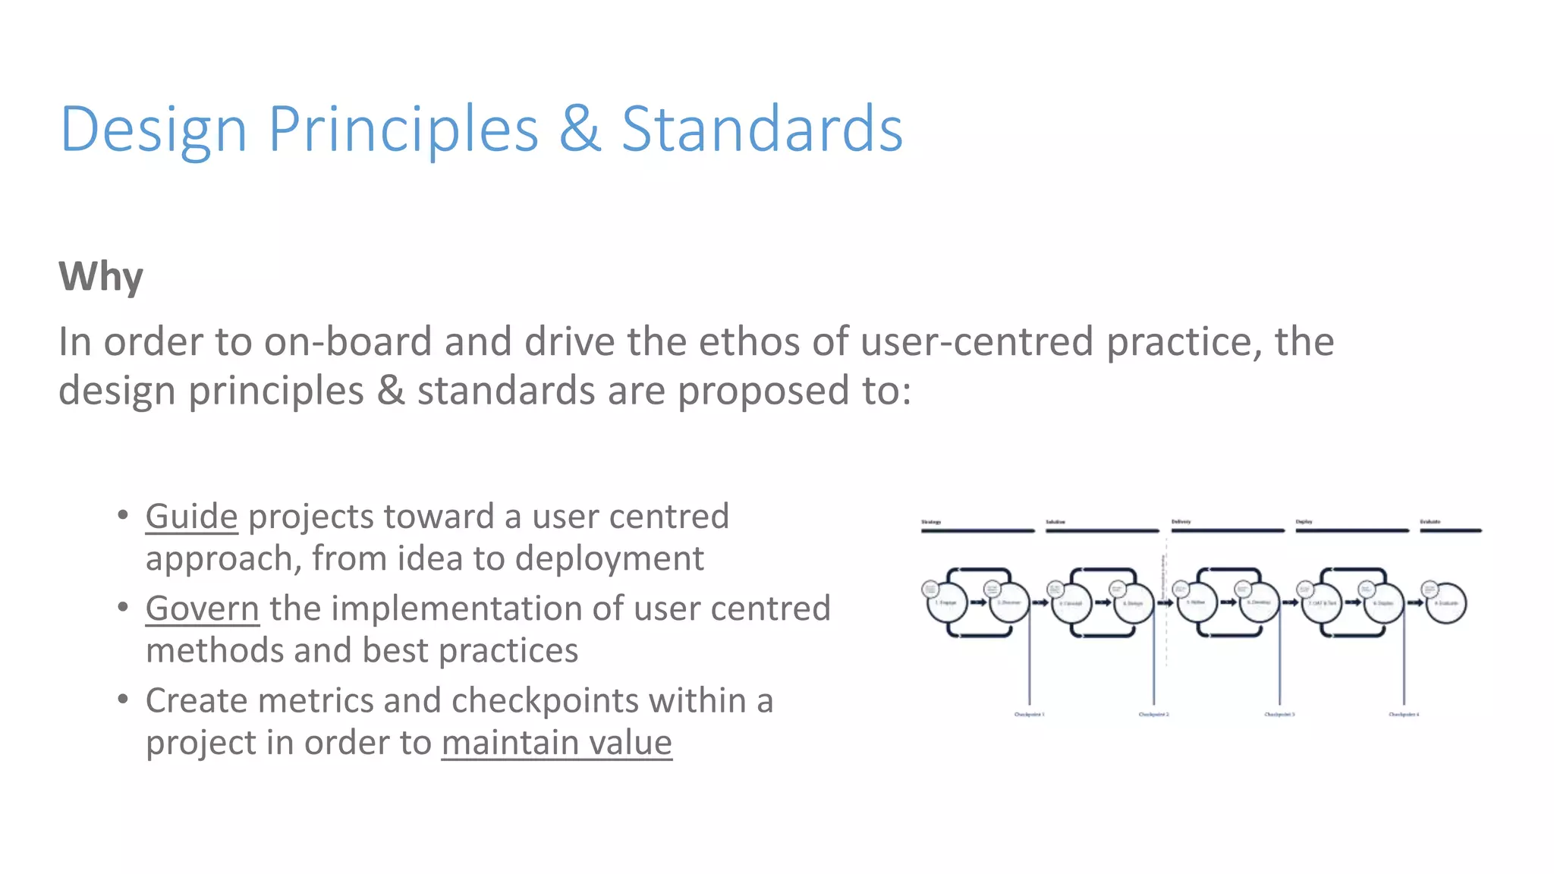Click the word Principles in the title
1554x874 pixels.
(403, 129)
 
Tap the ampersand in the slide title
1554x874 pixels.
(580, 129)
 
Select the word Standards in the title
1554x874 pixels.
(762, 129)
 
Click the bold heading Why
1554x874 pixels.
(101, 276)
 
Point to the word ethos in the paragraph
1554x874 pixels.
(748, 341)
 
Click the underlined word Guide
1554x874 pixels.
(192, 517)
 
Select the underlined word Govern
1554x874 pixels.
(203, 608)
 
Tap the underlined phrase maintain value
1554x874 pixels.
(557, 742)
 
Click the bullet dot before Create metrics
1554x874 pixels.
(123, 699)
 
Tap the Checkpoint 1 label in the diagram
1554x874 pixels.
(1029, 715)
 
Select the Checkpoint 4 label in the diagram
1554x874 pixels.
(1404, 715)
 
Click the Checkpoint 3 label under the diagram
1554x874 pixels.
(1279, 715)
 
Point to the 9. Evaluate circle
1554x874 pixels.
(1446, 603)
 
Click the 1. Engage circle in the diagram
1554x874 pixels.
(946, 603)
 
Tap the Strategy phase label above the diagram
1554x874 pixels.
(931, 522)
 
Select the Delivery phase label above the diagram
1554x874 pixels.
(1181, 522)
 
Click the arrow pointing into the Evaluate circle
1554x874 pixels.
(1416, 603)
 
